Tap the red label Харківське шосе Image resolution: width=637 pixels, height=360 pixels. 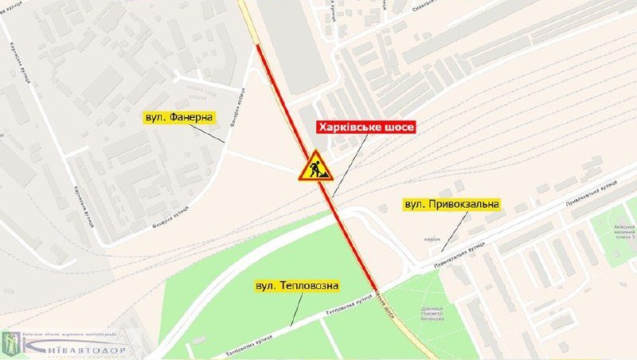tap(365, 127)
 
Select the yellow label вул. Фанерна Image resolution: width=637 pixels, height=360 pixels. tap(179, 117)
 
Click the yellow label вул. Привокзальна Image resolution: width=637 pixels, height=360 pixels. tap(451, 205)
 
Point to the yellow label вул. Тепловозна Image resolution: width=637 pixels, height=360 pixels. tap(298, 285)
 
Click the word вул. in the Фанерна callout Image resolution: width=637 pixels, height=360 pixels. tap(154, 117)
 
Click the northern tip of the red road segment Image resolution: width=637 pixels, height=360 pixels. tap(258, 46)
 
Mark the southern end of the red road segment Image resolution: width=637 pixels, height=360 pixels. tap(374, 285)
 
